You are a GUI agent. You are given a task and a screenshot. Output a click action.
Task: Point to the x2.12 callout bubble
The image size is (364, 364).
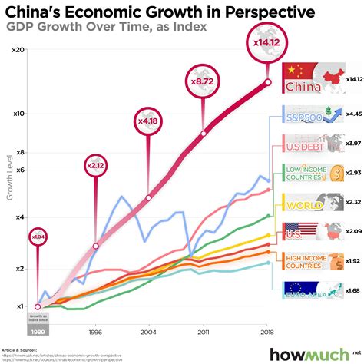pyautogui.click(x=95, y=164)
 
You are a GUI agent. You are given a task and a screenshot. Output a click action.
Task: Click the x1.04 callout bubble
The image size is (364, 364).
pyautogui.click(x=38, y=237)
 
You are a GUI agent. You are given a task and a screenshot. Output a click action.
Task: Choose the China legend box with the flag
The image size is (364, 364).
pyautogui.click(x=312, y=79)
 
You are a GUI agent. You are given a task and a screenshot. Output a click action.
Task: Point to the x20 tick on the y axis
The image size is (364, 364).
pyautogui.click(x=21, y=48)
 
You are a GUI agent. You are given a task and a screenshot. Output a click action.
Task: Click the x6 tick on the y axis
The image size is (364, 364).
pyautogui.click(x=21, y=170)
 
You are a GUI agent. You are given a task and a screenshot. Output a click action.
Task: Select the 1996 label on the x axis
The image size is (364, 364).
pyautogui.click(x=95, y=334)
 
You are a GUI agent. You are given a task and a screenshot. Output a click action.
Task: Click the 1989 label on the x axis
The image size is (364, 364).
pyautogui.click(x=38, y=332)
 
